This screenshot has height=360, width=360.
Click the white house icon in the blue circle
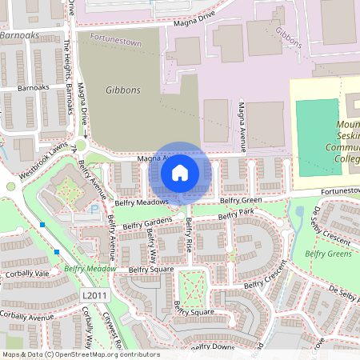(180, 172)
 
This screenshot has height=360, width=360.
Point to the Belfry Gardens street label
(147, 222)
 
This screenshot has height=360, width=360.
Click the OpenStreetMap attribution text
(80, 354)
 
